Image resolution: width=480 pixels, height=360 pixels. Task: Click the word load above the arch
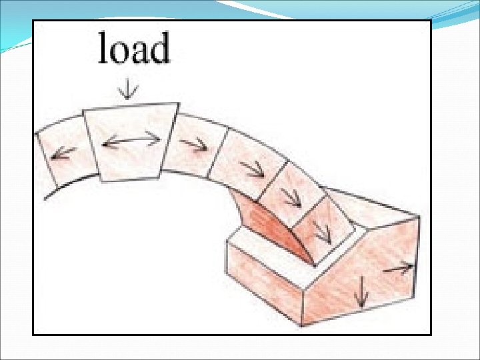(134, 49)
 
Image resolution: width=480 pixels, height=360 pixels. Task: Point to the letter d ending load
(160, 49)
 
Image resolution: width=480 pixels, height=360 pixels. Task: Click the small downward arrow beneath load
(126, 88)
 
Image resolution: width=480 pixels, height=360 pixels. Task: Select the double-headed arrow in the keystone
(131, 141)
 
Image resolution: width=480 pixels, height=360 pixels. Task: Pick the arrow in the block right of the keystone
(195, 143)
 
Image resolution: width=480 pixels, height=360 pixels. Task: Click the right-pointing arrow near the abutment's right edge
(399, 267)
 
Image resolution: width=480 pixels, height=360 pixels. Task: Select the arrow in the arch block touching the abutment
(321, 231)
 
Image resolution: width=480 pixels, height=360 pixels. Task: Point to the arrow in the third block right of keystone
(291, 197)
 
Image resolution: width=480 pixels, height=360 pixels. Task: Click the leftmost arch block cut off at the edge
(59, 160)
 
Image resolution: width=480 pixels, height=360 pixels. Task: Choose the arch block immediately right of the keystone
(197, 147)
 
